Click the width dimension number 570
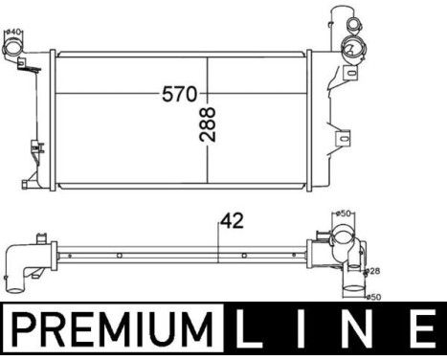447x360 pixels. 179,94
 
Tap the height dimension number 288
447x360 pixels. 208,125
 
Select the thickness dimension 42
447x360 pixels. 232,220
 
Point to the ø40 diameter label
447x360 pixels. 13,32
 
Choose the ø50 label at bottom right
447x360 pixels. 374,297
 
